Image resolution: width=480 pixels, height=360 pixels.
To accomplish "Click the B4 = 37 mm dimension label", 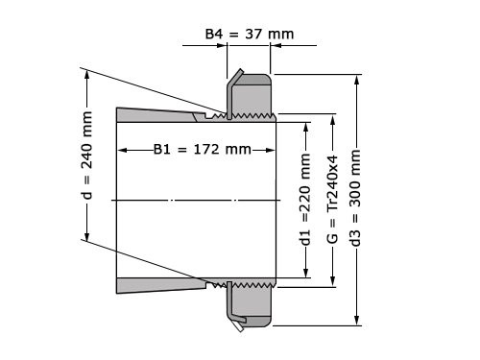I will (x=250, y=35).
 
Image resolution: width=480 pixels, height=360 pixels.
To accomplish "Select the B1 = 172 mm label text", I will (x=202, y=150).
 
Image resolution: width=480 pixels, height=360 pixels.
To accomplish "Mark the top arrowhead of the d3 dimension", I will (x=357, y=77).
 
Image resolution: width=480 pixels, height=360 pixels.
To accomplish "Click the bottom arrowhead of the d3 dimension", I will (x=357, y=323).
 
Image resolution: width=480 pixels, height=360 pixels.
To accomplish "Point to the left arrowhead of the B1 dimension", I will (x=122, y=150).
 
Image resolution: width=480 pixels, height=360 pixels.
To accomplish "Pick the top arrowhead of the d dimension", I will (x=87, y=71).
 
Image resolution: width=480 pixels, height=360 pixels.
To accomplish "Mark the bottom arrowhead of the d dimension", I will (x=87, y=239).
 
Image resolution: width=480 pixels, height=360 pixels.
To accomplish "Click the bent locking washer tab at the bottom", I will (x=240, y=321).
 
